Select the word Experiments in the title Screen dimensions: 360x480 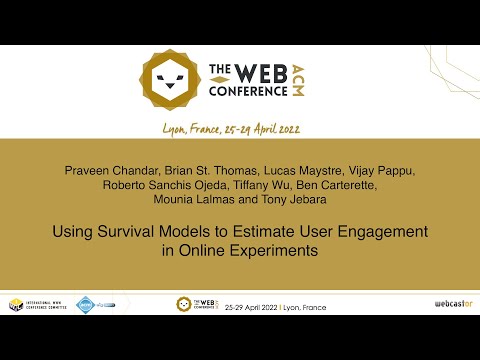pyautogui.click(x=269, y=250)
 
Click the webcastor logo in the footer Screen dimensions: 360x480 pyautogui.click(x=451, y=303)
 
